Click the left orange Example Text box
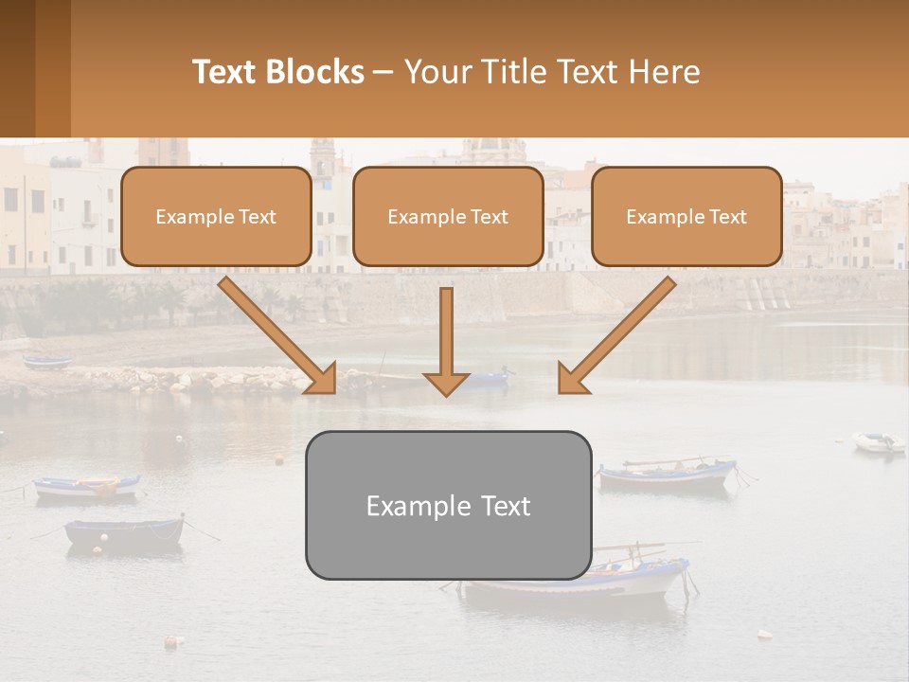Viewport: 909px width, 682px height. click(x=216, y=217)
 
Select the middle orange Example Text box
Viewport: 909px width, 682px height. click(x=448, y=217)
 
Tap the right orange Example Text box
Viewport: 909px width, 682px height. click(x=686, y=217)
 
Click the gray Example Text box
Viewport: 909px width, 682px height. click(x=448, y=505)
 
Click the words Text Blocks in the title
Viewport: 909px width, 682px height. click(x=278, y=72)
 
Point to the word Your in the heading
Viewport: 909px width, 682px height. click(x=437, y=72)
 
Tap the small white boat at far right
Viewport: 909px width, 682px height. click(x=879, y=441)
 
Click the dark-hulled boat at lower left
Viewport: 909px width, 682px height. click(x=124, y=532)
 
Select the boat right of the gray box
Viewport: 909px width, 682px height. click(x=668, y=474)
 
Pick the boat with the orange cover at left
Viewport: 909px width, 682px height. click(x=87, y=487)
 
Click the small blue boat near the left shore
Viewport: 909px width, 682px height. click(x=47, y=362)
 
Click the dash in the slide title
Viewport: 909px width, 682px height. click(x=384, y=72)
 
